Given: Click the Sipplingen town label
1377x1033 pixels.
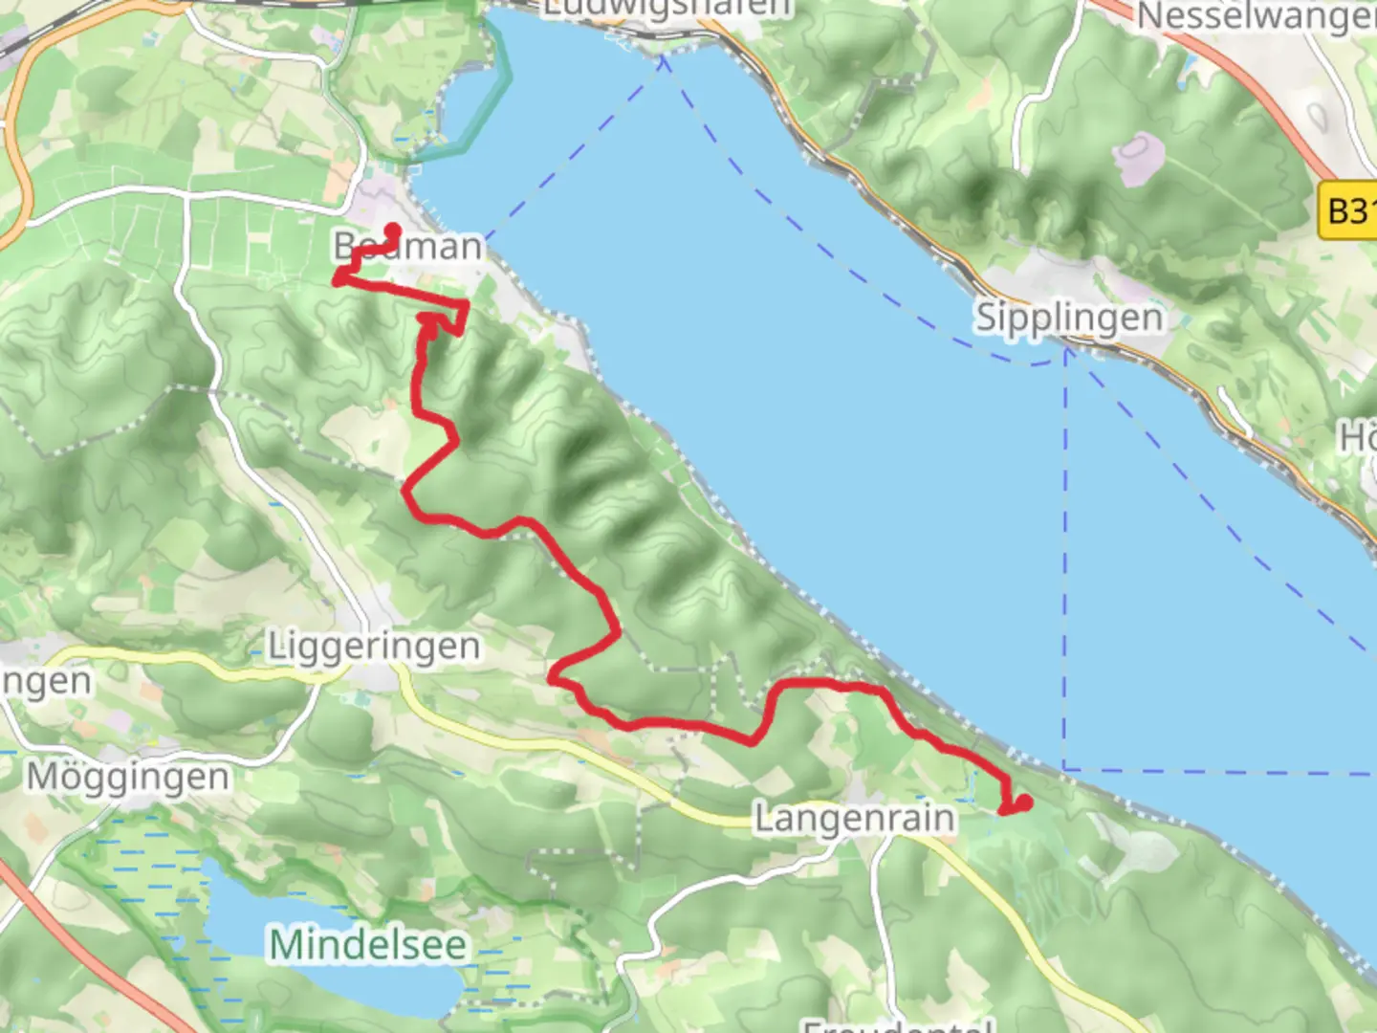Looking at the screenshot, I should [1069, 318].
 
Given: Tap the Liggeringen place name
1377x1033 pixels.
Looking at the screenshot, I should [373, 647].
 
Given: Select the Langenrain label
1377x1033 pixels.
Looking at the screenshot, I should [854, 819].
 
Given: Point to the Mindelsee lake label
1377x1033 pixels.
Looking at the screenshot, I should [368, 945].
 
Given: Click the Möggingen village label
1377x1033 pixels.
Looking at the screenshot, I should [128, 777].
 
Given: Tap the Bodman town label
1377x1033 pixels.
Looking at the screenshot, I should [408, 247].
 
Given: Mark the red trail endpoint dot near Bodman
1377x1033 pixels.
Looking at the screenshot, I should [392, 230].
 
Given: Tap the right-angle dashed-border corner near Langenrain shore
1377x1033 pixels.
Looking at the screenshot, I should [1065, 768].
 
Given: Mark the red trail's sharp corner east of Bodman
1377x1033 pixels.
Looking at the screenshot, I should [467, 305].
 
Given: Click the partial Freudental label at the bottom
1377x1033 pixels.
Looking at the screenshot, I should [894, 1025].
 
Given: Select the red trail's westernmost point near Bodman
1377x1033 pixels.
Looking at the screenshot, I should [338, 278].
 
